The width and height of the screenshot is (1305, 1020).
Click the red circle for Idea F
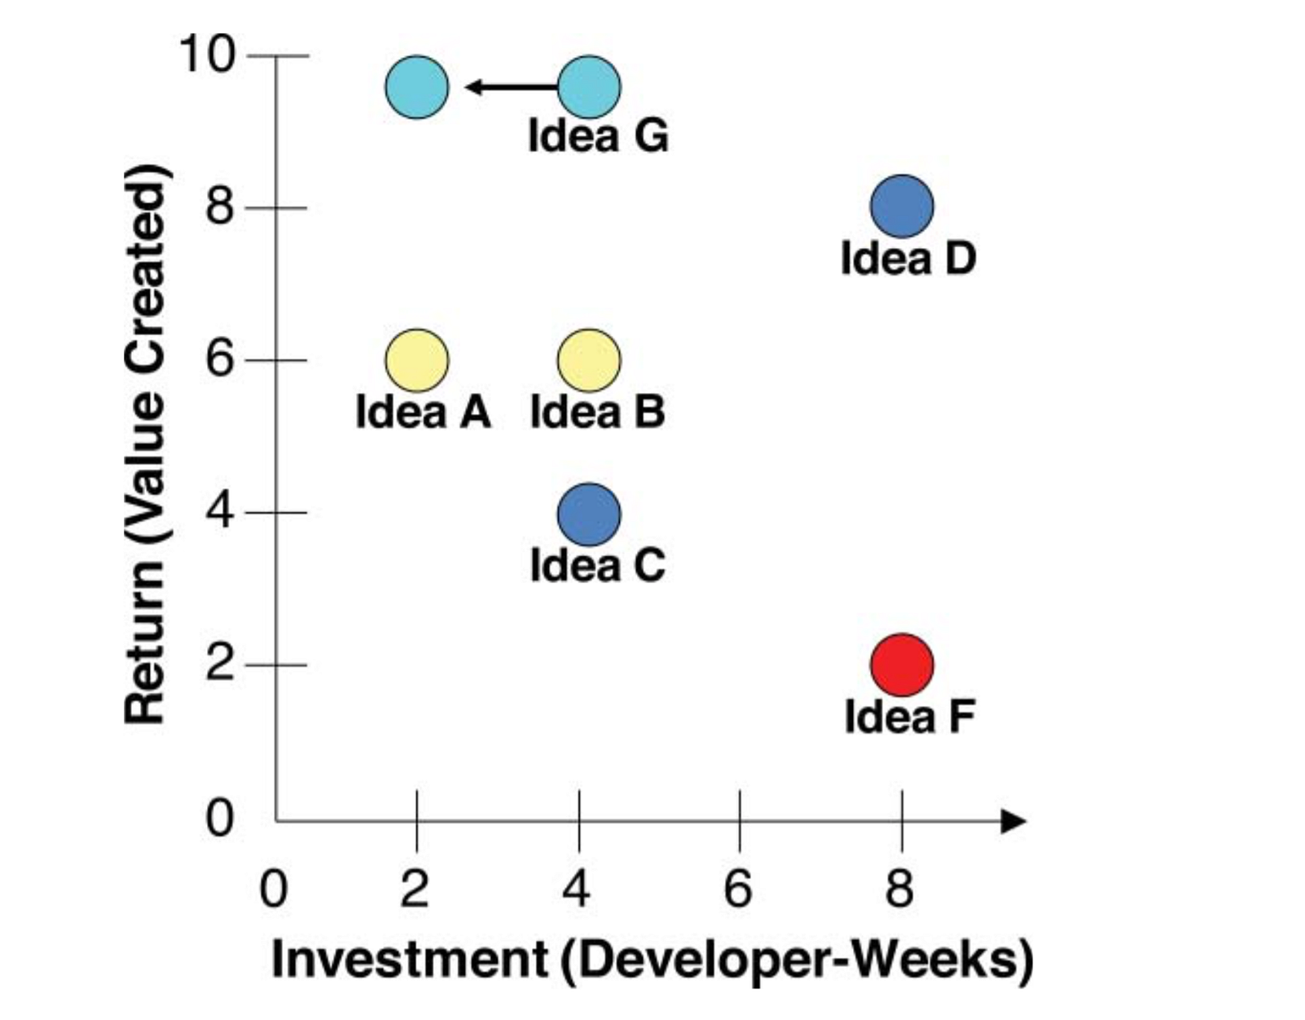click(x=901, y=665)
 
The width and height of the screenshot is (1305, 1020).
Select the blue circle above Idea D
click(x=901, y=206)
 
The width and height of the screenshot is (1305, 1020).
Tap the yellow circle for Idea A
click(x=417, y=360)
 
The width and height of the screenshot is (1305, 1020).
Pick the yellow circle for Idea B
click(x=589, y=360)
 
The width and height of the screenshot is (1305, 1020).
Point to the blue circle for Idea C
click(x=589, y=514)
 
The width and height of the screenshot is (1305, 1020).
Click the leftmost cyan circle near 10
click(x=417, y=87)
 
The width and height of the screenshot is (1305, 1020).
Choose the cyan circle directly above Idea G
click(x=589, y=87)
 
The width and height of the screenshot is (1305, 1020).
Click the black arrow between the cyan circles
click(x=510, y=86)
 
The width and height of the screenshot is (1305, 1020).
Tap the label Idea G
click(x=598, y=136)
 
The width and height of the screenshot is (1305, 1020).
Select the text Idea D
click(x=908, y=258)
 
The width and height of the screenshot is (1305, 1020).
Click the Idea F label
click(x=909, y=718)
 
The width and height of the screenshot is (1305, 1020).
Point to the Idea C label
click(x=598, y=565)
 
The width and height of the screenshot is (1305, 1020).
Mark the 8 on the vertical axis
click(x=219, y=207)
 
